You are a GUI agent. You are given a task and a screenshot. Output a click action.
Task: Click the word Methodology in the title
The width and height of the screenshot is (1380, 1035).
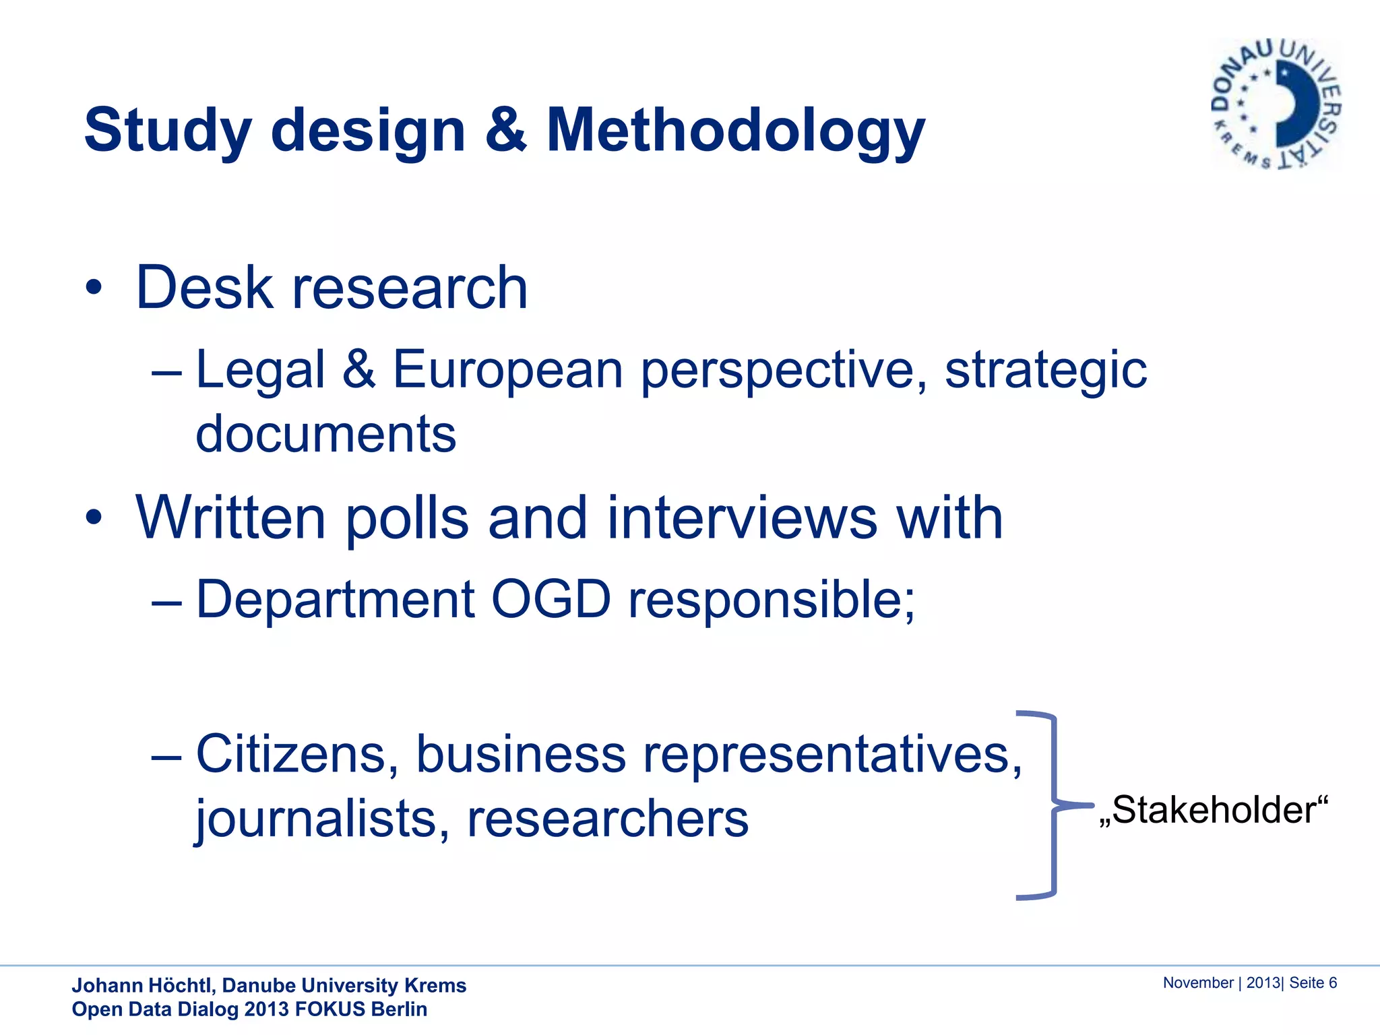coord(735,131)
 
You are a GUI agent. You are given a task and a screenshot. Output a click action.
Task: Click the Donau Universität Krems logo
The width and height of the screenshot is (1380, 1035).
coord(1276,104)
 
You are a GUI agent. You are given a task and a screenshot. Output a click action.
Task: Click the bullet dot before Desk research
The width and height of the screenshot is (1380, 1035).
coord(94,288)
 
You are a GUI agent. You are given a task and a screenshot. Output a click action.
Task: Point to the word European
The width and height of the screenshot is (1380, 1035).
coord(507,370)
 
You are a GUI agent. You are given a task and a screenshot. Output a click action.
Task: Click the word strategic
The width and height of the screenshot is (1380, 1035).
coord(1045,370)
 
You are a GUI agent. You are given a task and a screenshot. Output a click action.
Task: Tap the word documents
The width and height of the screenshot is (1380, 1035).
coord(325,434)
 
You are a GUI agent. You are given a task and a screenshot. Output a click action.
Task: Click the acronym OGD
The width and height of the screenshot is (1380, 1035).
coord(551,599)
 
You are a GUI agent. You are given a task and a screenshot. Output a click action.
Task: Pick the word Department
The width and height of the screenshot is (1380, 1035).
coord(336,599)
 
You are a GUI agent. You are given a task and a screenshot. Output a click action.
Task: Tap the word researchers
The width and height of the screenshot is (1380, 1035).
coord(607,819)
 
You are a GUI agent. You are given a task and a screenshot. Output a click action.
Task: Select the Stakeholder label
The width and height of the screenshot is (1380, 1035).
coord(1213,810)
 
